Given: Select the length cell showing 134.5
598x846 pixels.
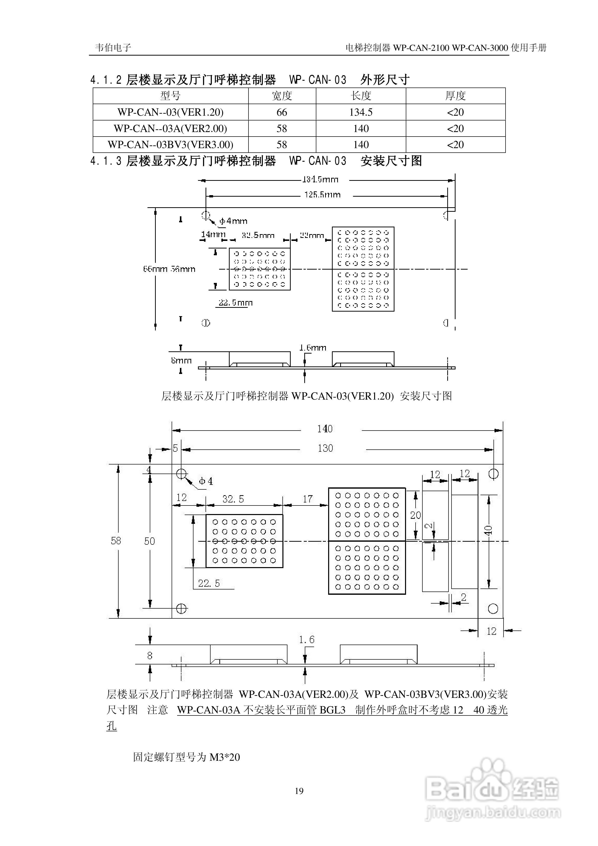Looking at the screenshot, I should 361,112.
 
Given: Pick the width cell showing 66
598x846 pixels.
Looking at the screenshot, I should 282,112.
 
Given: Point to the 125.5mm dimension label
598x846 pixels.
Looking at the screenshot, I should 322,195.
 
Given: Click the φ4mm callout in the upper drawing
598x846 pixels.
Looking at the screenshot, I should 233,221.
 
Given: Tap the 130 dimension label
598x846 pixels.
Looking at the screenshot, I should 325,448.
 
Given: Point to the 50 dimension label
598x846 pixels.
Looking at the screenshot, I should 149,541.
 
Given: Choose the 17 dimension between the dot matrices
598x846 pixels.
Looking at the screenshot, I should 308,499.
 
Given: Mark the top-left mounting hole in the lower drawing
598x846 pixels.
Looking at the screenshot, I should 181,474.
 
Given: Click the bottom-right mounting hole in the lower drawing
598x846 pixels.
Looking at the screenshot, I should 493,609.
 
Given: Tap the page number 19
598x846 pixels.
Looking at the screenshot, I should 299,791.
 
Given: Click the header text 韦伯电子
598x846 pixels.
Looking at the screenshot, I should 113,48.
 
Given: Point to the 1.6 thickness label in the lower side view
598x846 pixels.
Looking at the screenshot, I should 306,640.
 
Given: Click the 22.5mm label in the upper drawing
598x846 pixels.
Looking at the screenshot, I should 236,303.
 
